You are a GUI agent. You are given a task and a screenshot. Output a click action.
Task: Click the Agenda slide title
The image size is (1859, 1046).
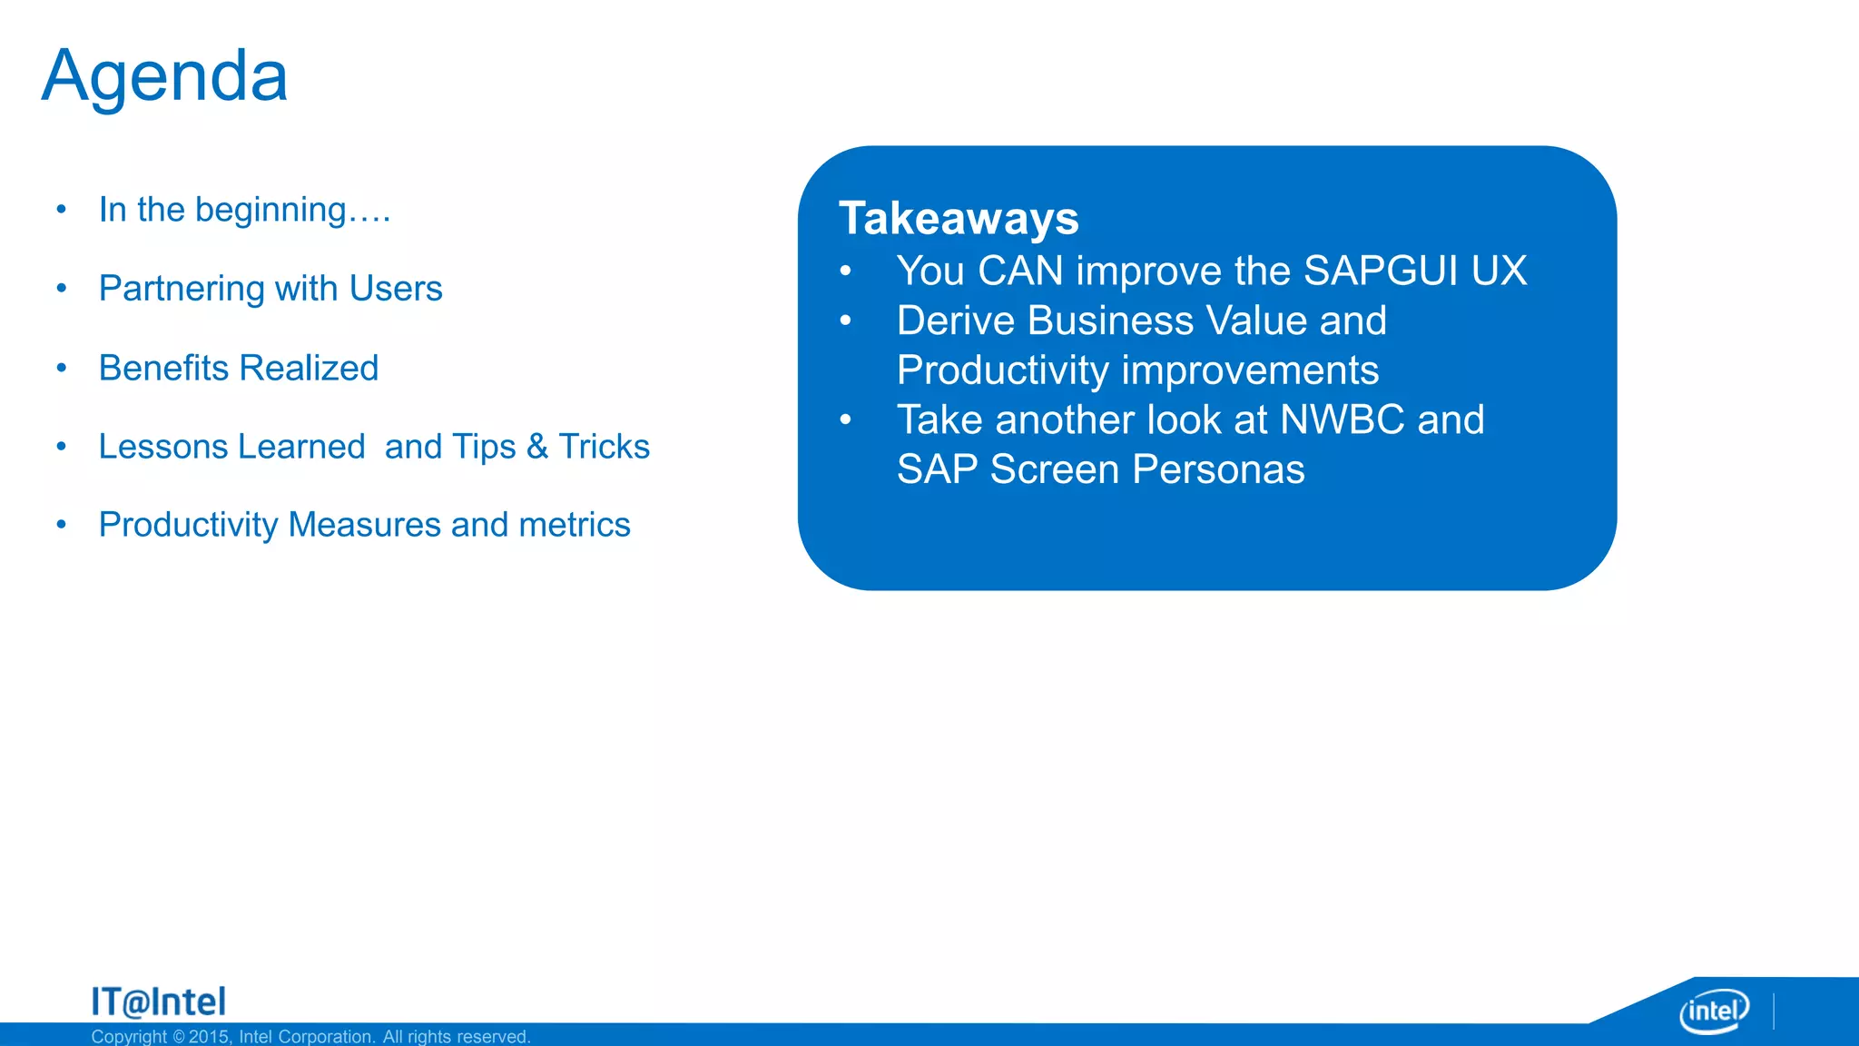click(164, 77)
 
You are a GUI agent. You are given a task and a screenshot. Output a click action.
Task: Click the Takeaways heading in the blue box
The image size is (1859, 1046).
click(959, 219)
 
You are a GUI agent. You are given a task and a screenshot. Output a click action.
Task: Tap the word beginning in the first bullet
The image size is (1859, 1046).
click(270, 211)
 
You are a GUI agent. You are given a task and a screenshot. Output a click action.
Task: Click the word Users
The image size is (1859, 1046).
click(396, 289)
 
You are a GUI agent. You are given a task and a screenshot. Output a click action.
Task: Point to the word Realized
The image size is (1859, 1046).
click(309, 368)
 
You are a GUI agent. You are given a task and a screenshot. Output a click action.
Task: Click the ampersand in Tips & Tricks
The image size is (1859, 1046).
click(537, 447)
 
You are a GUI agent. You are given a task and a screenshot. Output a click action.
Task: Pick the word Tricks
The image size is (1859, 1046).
click(604, 447)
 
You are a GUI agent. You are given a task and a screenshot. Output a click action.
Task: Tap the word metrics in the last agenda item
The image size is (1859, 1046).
click(574, 525)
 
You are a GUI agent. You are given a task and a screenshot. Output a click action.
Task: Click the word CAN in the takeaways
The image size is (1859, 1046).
click(1020, 271)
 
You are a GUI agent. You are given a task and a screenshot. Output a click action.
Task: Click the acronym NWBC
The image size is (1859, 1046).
click(1342, 420)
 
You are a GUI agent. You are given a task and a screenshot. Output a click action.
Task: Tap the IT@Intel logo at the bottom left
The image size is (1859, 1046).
click(158, 1002)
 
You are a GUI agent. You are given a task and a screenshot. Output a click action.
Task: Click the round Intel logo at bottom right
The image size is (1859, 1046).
click(1714, 1011)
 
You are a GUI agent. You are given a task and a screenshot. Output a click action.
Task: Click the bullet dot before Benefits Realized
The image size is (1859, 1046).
click(61, 368)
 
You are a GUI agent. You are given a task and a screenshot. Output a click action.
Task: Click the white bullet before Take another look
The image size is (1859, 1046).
click(845, 419)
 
